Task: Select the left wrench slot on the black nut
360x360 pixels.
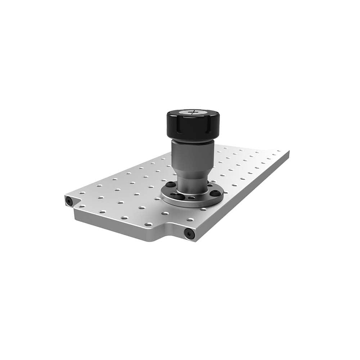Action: click(171, 124)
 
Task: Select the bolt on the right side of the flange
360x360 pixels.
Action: click(215, 193)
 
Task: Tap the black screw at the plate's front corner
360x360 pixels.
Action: click(189, 234)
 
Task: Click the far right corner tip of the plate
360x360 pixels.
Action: click(288, 152)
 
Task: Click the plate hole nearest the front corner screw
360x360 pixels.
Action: click(190, 220)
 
